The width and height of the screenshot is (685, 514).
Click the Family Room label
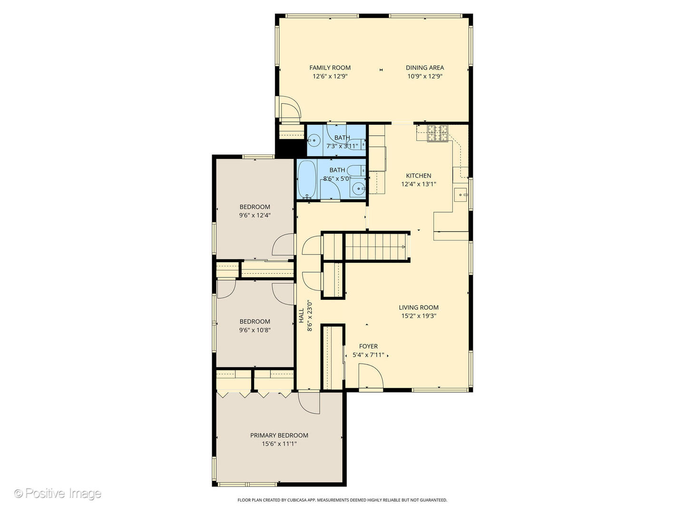click(330, 68)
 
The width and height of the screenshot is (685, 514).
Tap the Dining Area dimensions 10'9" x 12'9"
click(424, 76)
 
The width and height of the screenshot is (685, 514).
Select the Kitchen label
click(418, 176)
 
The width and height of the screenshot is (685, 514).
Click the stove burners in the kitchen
click(437, 133)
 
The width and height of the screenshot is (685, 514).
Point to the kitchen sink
click(460, 195)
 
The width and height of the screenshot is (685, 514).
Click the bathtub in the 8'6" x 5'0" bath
click(307, 179)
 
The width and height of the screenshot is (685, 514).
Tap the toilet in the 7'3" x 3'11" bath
click(357, 144)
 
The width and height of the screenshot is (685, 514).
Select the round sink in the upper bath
click(313, 140)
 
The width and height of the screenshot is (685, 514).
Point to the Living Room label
click(418, 307)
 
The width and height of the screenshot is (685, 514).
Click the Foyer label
click(368, 346)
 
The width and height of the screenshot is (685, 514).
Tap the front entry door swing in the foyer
click(371, 376)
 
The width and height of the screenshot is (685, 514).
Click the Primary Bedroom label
click(279, 435)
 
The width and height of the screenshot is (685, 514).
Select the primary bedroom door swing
click(309, 403)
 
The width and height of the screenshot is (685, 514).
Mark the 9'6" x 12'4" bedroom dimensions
click(254, 215)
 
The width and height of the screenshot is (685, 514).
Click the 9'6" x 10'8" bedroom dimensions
click(254, 330)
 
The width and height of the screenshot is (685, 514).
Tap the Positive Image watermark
click(58, 494)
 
